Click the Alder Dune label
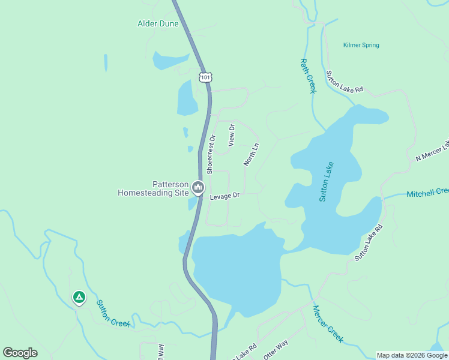click(x=158, y=24)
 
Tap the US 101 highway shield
click(x=206, y=77)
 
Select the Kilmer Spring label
click(x=361, y=45)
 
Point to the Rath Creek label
click(x=307, y=76)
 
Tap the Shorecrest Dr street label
click(x=211, y=154)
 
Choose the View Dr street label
click(x=231, y=136)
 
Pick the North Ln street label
click(x=251, y=154)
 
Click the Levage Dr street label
click(x=224, y=196)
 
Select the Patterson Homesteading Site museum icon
click(x=197, y=189)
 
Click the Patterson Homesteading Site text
click(x=153, y=189)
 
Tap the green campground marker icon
click(x=79, y=297)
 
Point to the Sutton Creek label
click(x=113, y=313)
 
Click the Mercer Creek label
click(x=327, y=324)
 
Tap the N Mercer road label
click(x=432, y=151)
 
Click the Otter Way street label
click(x=276, y=350)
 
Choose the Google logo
click(x=20, y=353)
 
